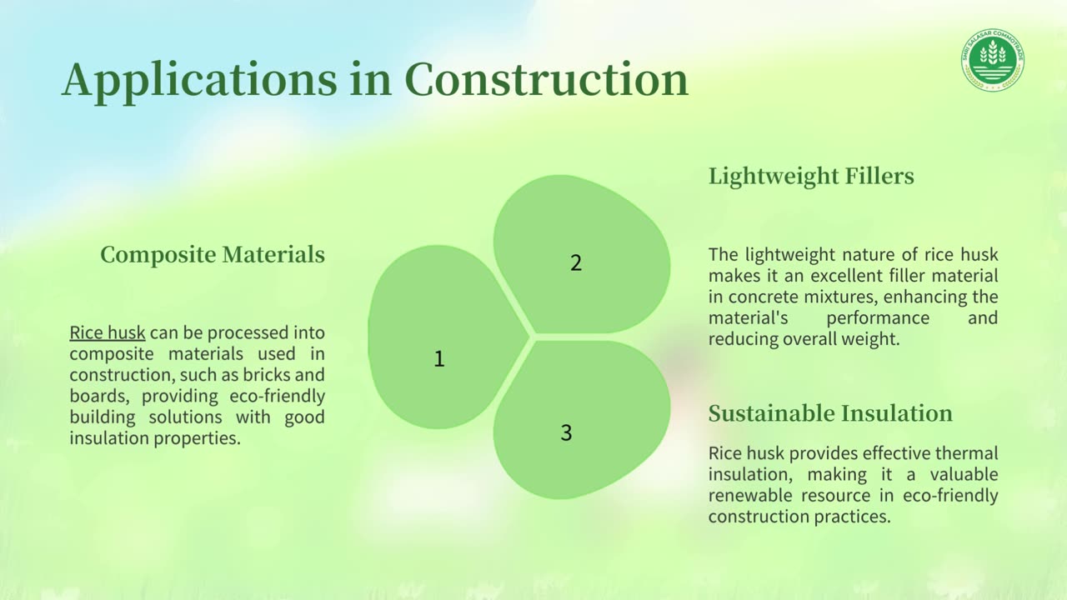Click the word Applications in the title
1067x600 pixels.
point(199,81)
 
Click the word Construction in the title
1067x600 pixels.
point(546,79)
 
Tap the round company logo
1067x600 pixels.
point(993,60)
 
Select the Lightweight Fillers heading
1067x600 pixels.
point(811,177)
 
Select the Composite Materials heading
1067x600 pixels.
point(213,255)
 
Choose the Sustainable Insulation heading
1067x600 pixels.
point(830,413)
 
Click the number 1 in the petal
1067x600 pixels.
point(439,358)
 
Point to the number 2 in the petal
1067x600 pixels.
point(576,262)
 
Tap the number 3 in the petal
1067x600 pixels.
point(566,432)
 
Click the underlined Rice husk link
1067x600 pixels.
point(108,332)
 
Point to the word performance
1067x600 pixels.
point(878,318)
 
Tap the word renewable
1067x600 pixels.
point(750,495)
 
